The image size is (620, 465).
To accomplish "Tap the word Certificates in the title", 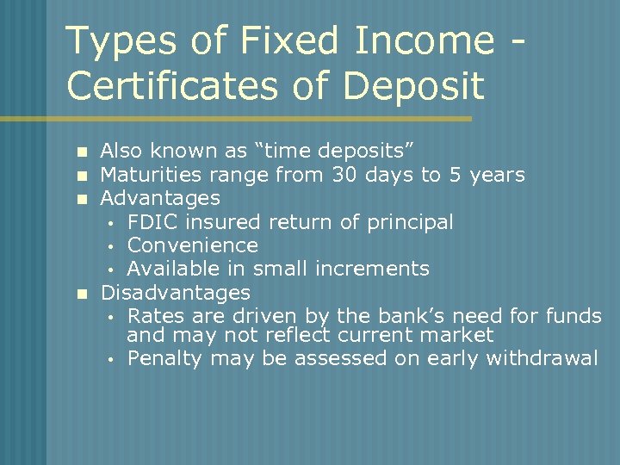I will point(178,85).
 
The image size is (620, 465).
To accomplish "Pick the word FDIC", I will point(152,222).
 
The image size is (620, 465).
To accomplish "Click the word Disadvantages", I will point(176,293).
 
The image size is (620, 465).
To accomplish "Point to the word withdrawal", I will point(542,358).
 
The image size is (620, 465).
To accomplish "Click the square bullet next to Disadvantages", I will point(82,294).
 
